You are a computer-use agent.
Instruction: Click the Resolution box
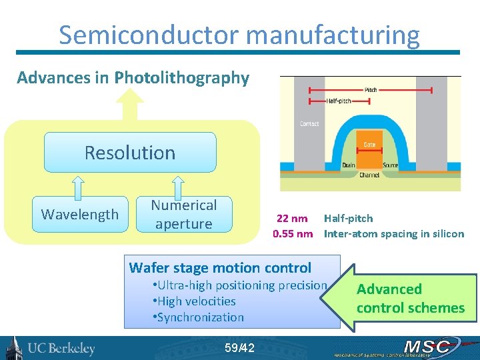click(130, 153)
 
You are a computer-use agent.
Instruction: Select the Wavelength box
click(79, 214)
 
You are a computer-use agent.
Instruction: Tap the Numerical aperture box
click(183, 214)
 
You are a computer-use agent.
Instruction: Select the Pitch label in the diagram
click(371, 90)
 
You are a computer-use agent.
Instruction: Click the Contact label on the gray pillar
click(309, 123)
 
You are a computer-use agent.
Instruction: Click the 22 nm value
click(292, 218)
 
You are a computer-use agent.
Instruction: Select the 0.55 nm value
click(293, 233)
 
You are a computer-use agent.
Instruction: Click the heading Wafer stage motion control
click(220, 268)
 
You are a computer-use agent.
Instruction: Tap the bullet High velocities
click(197, 301)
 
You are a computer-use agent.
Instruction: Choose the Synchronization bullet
click(201, 317)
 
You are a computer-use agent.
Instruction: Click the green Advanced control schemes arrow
click(407, 298)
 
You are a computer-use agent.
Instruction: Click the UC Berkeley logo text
click(61, 348)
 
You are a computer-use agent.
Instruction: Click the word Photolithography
click(181, 78)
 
